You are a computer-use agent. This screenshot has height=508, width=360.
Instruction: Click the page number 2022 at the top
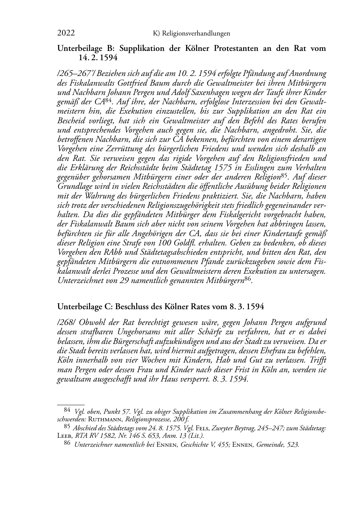(66, 33)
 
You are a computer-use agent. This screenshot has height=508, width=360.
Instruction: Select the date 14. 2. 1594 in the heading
(98, 57)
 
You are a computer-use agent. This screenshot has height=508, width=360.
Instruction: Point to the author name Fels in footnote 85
(203, 427)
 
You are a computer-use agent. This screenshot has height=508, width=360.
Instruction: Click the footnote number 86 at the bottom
(67, 444)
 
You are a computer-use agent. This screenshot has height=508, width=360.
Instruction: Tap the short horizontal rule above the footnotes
(71, 404)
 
